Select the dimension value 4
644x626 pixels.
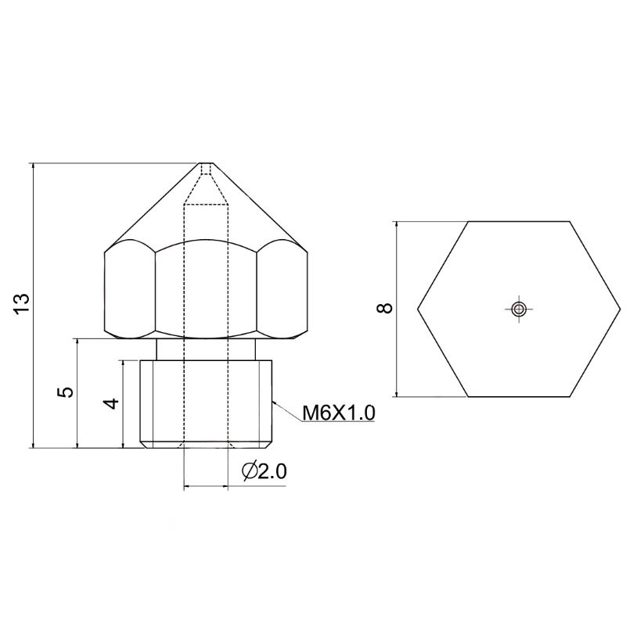tap(111, 403)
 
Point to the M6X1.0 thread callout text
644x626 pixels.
tap(338, 413)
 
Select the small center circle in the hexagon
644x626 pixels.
tap(518, 309)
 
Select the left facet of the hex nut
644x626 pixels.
tap(130, 291)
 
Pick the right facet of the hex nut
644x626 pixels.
tap(282, 291)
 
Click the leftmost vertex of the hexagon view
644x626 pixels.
tap(417, 309)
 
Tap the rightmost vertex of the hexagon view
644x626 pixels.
tap(620, 309)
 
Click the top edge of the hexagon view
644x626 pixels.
tap(518, 221)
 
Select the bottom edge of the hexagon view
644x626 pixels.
tap(518, 396)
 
